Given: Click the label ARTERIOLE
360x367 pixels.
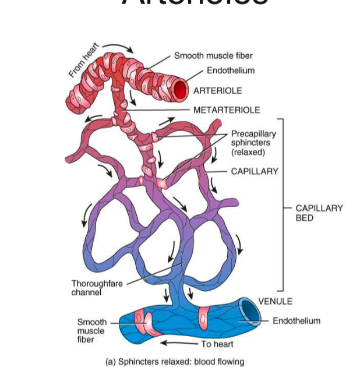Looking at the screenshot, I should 217,91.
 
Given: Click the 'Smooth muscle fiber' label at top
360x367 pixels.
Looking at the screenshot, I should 213,56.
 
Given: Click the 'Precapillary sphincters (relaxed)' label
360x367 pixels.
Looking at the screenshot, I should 253,143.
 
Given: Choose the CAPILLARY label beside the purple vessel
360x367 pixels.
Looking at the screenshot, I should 255,171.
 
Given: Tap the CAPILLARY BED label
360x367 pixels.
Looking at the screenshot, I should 319,213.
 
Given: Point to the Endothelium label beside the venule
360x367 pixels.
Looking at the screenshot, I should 297,320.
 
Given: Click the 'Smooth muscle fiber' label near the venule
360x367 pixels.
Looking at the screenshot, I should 91,330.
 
